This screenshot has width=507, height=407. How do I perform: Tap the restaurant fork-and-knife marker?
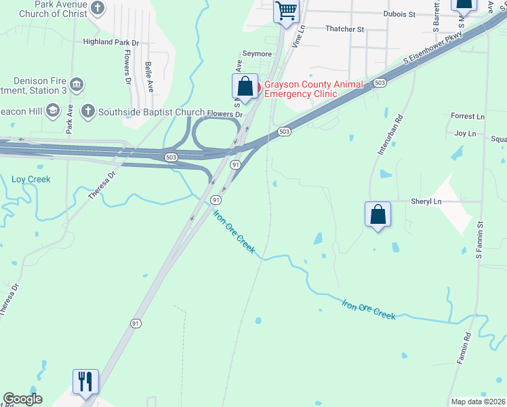coord(85,381)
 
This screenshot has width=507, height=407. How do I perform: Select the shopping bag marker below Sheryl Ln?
coord(378,214)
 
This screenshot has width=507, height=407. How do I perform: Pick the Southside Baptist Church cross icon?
coord(87,111)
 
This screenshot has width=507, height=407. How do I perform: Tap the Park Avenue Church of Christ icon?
coord(98,9)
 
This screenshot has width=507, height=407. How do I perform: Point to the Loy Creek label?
coord(31,179)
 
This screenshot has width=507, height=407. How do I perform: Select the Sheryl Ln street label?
coord(426,201)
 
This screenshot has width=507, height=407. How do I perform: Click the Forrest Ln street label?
coord(468,116)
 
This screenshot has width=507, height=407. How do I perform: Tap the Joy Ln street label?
coord(465,134)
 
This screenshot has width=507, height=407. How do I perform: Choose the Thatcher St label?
coord(344,29)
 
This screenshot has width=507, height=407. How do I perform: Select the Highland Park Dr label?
coord(110,42)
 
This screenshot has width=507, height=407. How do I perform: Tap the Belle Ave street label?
coord(149,78)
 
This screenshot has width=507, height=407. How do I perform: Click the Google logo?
coord(22,399)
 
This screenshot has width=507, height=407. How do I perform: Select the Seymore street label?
coord(257,54)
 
